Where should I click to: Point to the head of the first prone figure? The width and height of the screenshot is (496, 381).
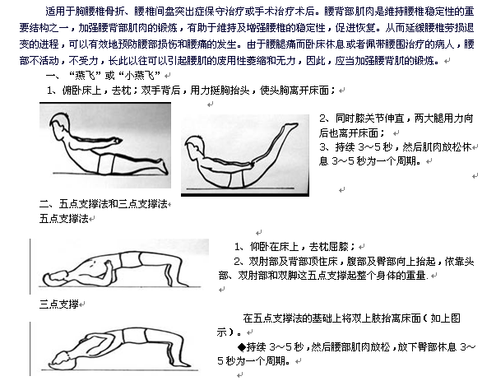(57, 126)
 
